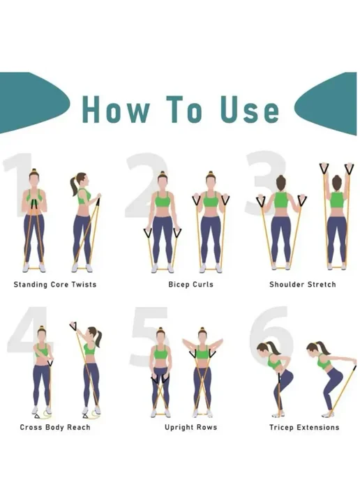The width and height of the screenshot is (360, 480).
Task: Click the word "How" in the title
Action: click(x=117, y=110)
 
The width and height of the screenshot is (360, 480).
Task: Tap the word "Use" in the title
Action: click(x=250, y=110)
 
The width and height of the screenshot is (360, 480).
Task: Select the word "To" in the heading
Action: click(x=184, y=110)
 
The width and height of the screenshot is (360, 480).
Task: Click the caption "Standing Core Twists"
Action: click(x=55, y=285)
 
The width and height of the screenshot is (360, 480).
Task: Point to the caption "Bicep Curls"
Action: click(x=190, y=285)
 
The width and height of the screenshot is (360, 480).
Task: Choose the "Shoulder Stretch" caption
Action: click(x=303, y=285)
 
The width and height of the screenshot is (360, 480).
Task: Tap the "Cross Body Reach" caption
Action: click(x=55, y=428)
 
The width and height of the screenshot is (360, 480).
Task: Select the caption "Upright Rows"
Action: click(x=190, y=428)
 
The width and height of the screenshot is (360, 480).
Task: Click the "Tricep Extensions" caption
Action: click(x=304, y=428)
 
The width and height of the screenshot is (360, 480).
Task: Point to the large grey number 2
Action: click(x=147, y=185)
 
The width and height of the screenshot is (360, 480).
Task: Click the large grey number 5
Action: click(x=150, y=337)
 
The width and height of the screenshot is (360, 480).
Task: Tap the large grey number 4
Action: click(x=29, y=333)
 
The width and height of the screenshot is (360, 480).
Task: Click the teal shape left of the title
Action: click(x=31, y=103)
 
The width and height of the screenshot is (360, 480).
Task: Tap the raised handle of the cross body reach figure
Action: click(x=73, y=327)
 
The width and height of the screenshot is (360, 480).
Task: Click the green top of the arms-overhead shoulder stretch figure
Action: click(x=337, y=200)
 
